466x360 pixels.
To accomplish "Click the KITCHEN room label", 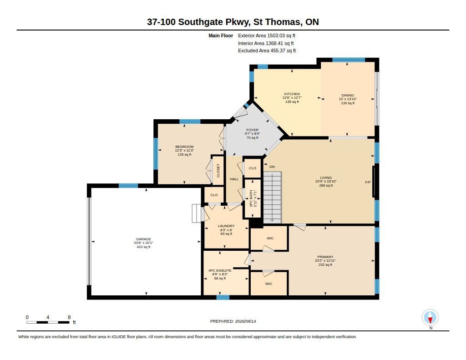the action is click(x=292, y=94).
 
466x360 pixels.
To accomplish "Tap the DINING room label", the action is click(x=348, y=96).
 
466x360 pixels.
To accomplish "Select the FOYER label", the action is click(x=252, y=130).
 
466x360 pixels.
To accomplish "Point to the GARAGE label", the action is click(x=143, y=239).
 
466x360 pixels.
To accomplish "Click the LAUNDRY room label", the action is click(x=226, y=226).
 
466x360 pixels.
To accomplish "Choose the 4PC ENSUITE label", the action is click(x=220, y=270).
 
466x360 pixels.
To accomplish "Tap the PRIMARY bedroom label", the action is click(x=325, y=257).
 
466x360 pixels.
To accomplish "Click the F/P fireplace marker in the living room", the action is click(x=368, y=182).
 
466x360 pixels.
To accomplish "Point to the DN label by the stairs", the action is click(x=272, y=167).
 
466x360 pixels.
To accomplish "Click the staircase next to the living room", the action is click(x=272, y=197).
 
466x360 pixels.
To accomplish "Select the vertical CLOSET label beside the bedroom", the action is click(x=218, y=171).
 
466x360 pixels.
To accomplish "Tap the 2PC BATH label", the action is click(x=251, y=198).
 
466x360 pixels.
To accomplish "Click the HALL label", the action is click(x=234, y=179).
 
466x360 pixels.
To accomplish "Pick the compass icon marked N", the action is click(x=430, y=318).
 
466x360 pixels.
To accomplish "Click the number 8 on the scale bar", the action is click(x=69, y=317).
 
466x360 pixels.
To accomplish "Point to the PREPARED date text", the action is click(x=233, y=321).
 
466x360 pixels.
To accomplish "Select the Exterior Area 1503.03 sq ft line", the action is click(x=267, y=35).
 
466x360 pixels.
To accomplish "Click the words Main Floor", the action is click(x=221, y=35).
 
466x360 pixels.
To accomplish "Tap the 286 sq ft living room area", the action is click(x=326, y=186).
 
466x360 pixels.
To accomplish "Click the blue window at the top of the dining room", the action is click(x=349, y=60).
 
